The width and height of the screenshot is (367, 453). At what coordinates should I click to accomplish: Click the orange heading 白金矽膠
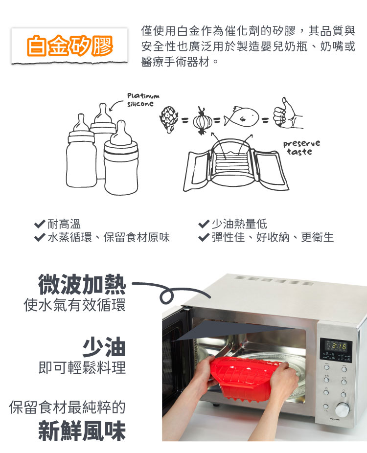pos(69,45)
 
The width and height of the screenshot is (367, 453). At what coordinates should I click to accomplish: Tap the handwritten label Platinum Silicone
pos(143,100)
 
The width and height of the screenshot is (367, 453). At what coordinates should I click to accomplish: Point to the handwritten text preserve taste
pos(301,148)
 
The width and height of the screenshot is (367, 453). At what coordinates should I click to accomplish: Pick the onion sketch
pos(202,120)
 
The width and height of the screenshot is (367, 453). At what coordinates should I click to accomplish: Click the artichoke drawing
pos(168,119)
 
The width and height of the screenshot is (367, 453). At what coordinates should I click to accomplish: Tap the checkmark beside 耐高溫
pos(40,224)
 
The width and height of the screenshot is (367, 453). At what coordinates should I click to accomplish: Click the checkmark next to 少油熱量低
pos(204,224)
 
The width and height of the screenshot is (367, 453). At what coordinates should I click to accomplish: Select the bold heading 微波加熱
pos(82,285)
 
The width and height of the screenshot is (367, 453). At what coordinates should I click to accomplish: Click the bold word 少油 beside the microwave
pos(104,347)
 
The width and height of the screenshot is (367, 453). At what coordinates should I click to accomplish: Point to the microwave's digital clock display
pos(336,345)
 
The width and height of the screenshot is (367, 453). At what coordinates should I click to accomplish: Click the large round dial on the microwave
pos(342,410)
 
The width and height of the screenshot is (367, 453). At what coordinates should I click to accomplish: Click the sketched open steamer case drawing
pos(236,165)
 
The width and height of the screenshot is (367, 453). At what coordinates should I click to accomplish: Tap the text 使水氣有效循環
pos(74,305)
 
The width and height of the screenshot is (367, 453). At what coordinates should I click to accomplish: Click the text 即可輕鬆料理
pos(82,368)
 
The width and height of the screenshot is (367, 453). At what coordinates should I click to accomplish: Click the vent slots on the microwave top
pos(274,280)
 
